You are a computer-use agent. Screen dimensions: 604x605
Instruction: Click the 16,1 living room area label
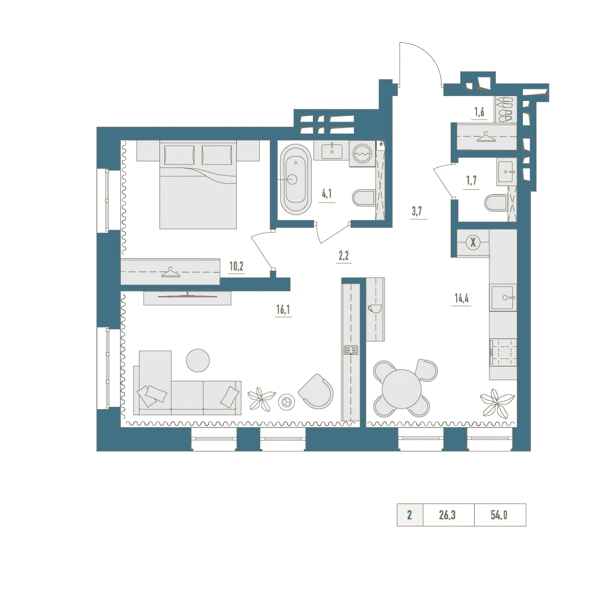coord(283,309)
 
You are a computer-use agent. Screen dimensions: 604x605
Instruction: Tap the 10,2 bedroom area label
coord(236,266)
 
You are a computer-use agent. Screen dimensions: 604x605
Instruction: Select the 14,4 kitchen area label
coord(461,298)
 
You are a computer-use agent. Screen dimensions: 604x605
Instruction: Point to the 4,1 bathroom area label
coord(327,193)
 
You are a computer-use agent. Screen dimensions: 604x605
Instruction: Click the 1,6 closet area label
coord(479,112)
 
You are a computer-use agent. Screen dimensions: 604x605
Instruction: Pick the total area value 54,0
coord(499,515)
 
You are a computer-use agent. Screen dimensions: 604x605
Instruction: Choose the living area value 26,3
coord(447,515)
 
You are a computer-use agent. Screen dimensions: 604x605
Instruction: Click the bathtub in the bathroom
coord(295,179)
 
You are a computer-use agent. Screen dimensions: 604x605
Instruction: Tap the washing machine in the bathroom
coord(362,154)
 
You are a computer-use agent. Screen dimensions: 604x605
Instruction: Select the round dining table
coord(402,389)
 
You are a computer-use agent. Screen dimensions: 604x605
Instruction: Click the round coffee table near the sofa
coord(198,360)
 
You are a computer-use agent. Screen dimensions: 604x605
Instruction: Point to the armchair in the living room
coord(316,392)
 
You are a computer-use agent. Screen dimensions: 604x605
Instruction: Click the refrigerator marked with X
coord(473,243)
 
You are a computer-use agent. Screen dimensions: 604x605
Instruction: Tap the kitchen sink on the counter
coord(503,297)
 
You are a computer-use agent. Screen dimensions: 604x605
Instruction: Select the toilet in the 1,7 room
coord(496,203)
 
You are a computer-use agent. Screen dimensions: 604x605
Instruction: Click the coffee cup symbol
coord(374,308)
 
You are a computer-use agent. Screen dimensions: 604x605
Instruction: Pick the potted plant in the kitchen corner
coord(497,403)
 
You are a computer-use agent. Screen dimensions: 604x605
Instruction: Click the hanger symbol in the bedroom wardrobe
coord(170,273)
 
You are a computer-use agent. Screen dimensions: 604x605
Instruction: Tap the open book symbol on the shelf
coord(351,350)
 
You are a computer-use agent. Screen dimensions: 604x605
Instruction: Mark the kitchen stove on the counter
coord(503,352)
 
